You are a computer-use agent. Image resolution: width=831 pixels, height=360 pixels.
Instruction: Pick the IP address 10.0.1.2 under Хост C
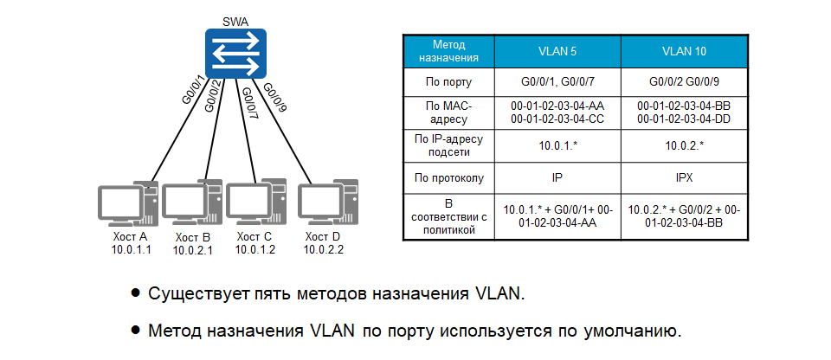[x=256, y=250]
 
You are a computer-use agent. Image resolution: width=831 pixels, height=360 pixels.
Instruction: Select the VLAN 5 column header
[x=557, y=51]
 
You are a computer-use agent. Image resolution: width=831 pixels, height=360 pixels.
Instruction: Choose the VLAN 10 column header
[x=684, y=51]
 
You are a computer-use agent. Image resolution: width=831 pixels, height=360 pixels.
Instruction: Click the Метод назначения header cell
[x=448, y=51]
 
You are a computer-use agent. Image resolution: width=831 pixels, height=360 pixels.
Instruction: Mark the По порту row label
[x=448, y=82]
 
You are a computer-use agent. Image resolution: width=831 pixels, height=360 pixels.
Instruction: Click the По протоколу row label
[x=448, y=179]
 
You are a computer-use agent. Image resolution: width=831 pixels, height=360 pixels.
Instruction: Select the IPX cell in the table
[x=684, y=179]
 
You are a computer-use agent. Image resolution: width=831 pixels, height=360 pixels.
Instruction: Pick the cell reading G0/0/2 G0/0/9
[x=684, y=82]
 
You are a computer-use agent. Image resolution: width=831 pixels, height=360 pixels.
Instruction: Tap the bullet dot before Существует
[x=135, y=293]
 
